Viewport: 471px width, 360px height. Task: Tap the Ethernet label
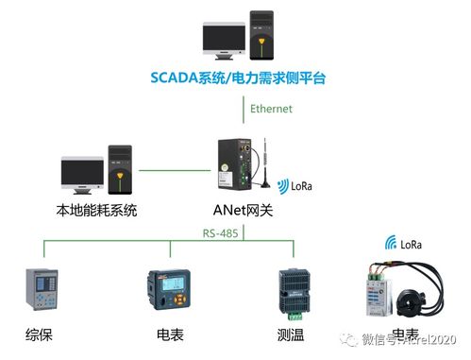pyautogui.click(x=272, y=109)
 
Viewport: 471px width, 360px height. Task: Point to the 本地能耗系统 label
pyautogui.click(x=97, y=211)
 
